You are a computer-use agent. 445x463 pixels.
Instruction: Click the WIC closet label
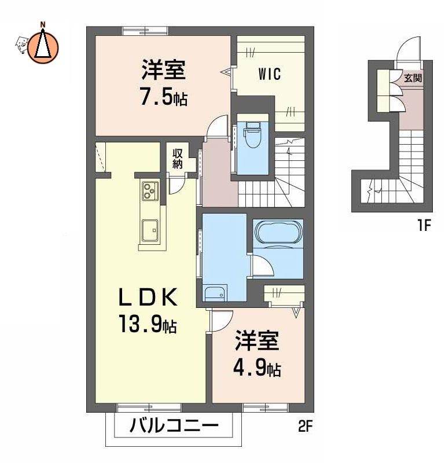pos(270,74)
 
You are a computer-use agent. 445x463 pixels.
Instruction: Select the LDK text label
pos(148,297)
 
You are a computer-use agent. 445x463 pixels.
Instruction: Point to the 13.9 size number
pos(140,324)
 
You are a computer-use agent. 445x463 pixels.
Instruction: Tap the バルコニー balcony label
pos(174,426)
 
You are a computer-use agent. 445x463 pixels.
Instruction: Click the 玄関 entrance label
pos(413,78)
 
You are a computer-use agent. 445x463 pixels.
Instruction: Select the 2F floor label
pos(305,426)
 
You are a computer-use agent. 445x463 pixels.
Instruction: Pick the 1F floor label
pos(424,226)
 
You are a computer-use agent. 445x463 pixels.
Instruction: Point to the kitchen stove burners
pos(150,190)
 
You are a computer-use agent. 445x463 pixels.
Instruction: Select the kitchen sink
pos(150,230)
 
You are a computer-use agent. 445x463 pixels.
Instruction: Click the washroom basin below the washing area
pos(216,293)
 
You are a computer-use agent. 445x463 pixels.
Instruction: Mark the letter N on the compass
pos(43,24)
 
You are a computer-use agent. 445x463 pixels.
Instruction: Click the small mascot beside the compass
pos(21,45)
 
